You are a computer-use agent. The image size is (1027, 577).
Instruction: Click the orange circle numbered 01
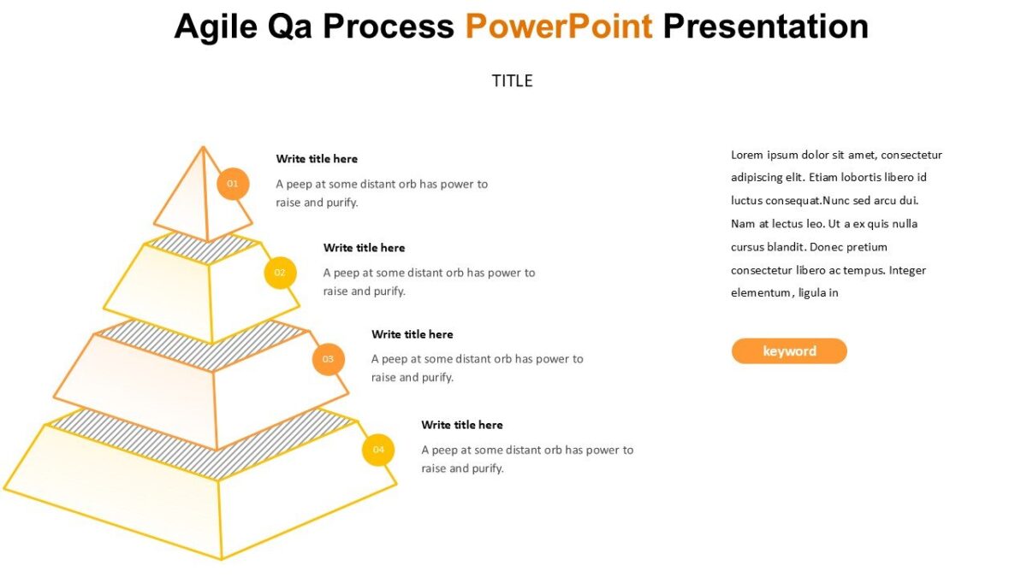pos(233,184)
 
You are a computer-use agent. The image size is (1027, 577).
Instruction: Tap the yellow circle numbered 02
pos(280,273)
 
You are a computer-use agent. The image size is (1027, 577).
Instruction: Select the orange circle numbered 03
pos(328,359)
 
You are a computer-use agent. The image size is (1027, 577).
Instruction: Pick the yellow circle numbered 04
pos(378,450)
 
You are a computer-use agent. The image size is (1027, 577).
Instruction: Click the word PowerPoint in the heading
pos(558,26)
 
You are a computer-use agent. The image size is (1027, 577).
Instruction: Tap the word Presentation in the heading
pos(765,26)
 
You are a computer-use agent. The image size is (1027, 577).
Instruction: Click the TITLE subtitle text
pos(512,81)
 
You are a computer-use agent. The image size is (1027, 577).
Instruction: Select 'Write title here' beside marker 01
pos(317,159)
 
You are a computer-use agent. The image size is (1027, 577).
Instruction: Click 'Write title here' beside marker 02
pos(364,248)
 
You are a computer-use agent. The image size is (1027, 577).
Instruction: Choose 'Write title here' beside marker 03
pos(412,334)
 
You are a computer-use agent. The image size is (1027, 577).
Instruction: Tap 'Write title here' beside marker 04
pos(462,425)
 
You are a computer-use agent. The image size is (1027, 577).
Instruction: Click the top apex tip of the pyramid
pos(203,147)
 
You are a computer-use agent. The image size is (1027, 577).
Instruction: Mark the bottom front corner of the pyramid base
pos(222,559)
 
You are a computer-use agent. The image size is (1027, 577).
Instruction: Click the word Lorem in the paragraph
pos(746,155)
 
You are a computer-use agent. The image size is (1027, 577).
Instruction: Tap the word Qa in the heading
pos(294,26)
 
